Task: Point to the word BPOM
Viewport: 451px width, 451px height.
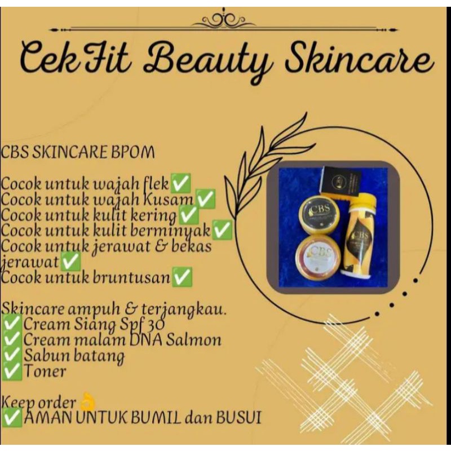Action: click(x=133, y=153)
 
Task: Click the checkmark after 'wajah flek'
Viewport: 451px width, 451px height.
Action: click(x=180, y=183)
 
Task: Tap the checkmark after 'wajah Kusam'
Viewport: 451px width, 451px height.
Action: click(x=205, y=199)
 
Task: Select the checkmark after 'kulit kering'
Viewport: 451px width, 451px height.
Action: click(x=188, y=215)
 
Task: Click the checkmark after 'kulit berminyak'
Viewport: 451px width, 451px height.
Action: click(x=222, y=230)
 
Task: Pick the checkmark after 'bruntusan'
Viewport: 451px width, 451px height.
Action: click(x=182, y=277)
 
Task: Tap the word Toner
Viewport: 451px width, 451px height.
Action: click(x=45, y=372)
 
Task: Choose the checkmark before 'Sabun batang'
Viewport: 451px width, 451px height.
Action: click(x=12, y=356)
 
